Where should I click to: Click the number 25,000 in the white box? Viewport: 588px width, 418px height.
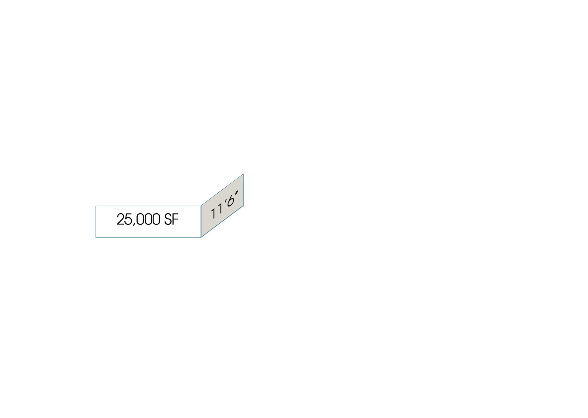pyautogui.click(x=139, y=219)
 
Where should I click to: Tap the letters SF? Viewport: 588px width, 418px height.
pyautogui.click(x=172, y=219)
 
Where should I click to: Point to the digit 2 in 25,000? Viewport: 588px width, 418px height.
pyautogui.click(x=121, y=219)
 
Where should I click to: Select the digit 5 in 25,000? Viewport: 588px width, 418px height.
pyautogui.click(x=128, y=219)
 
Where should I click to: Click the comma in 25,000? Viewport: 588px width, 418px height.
pyautogui.click(x=134, y=224)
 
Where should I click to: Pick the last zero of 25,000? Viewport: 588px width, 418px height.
pyautogui.click(x=156, y=219)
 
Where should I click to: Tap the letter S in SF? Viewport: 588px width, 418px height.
pyautogui.click(x=168, y=219)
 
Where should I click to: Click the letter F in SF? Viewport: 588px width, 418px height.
pyautogui.click(x=176, y=219)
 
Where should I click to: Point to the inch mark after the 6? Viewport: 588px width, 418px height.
pyautogui.click(x=236, y=193)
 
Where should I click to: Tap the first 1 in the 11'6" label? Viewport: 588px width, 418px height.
pyautogui.click(x=213, y=214)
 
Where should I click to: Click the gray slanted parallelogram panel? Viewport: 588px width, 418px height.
pyautogui.click(x=222, y=206)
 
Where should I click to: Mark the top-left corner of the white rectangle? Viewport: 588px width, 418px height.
pyautogui.click(x=96, y=206)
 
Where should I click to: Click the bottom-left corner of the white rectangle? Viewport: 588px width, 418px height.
pyautogui.click(x=96, y=238)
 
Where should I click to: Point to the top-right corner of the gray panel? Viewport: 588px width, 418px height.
pyautogui.click(x=243, y=174)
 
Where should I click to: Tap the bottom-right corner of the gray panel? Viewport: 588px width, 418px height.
pyautogui.click(x=243, y=206)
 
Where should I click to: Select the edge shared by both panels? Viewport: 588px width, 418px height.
pyautogui.click(x=201, y=222)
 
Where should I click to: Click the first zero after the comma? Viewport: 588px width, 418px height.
pyautogui.click(x=141, y=219)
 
